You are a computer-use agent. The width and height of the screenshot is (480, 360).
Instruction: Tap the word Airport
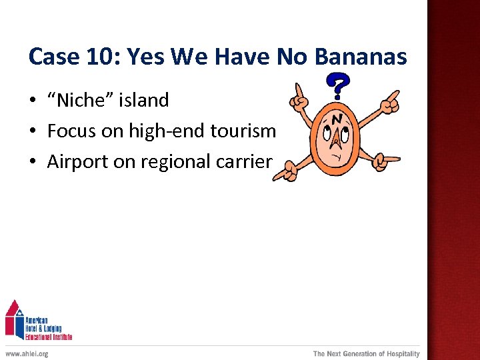point(76,162)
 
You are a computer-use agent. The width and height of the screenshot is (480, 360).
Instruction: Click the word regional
point(184,162)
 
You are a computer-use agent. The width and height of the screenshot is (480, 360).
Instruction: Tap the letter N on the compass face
point(337,119)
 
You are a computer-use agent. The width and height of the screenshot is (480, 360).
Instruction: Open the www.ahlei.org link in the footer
point(27,354)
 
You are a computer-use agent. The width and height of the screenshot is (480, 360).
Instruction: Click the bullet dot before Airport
point(32,163)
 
